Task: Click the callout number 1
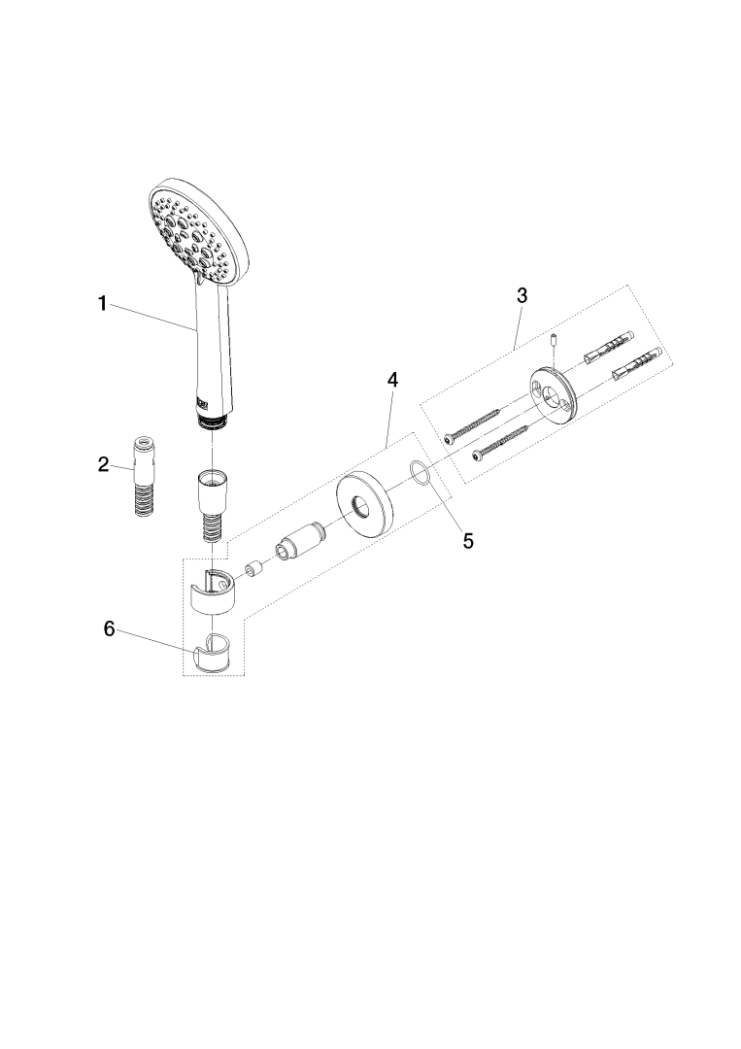[102, 304]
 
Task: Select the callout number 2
[103, 464]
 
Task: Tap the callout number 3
[522, 295]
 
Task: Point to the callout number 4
[392, 380]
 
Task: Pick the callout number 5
[468, 541]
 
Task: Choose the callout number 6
[109, 628]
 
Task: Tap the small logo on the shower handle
[202, 402]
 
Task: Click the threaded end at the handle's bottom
[212, 422]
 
